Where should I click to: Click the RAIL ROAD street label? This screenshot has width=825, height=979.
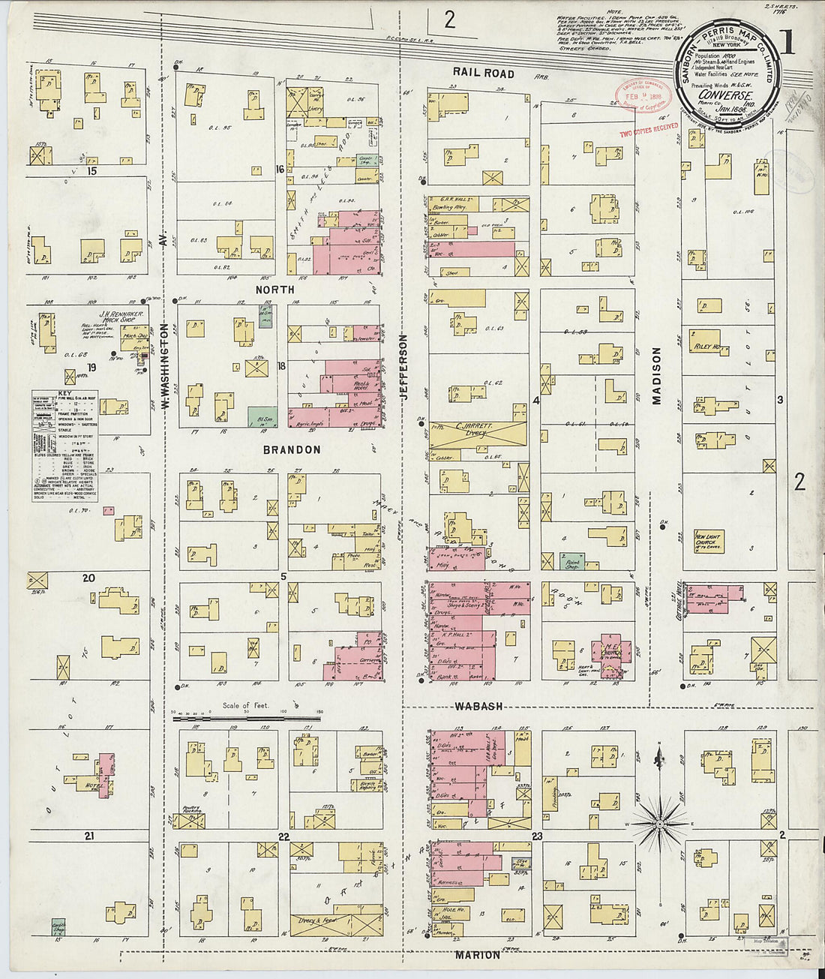pos(483,74)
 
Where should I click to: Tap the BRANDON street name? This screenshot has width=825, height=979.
pos(292,450)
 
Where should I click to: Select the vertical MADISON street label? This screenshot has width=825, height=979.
pos(657,376)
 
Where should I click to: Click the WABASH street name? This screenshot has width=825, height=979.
pos(478,707)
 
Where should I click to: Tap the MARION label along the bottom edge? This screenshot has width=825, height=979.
pos(477,955)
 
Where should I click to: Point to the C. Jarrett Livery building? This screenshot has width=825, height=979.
pos(478,433)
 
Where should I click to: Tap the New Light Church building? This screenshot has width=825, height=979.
pos(708,539)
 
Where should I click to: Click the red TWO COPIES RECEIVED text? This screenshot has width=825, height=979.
pos(648,129)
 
